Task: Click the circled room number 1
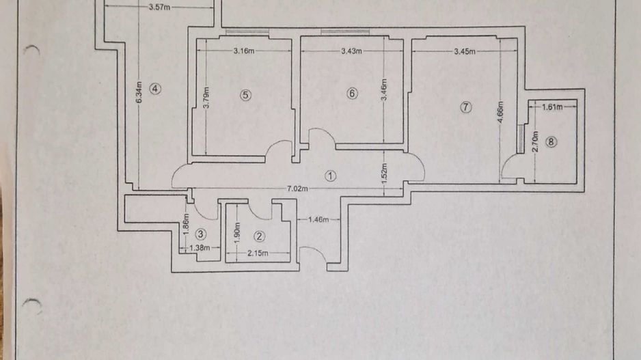click(x=330, y=176)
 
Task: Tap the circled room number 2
click(x=259, y=236)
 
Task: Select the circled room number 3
click(x=200, y=234)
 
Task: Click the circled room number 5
click(x=245, y=95)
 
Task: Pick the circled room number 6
click(x=352, y=94)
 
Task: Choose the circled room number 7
click(x=466, y=107)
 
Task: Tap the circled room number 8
click(x=552, y=142)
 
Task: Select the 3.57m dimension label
click(x=159, y=8)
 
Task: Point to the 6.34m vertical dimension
click(x=139, y=92)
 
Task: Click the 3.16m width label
click(x=244, y=51)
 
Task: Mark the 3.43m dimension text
click(x=351, y=51)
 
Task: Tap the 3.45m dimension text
click(x=464, y=51)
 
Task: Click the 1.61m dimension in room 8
click(x=552, y=107)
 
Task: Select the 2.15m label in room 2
click(x=258, y=253)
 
